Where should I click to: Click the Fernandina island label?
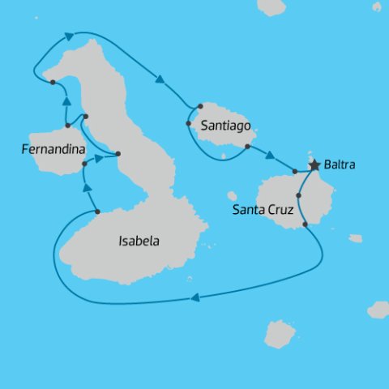point(53,148)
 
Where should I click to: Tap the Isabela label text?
point(139,241)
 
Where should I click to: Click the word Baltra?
point(340,165)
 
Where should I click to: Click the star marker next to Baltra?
point(314,165)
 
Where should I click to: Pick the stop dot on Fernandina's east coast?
point(84,165)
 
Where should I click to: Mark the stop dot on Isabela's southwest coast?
point(97,212)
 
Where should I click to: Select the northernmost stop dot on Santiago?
point(199,106)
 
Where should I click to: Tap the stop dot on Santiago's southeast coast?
point(246,147)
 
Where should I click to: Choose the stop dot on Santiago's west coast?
point(188,124)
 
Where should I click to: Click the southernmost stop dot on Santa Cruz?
point(305,224)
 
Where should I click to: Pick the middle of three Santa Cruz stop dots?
point(299,195)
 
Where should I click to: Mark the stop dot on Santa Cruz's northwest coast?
point(295,172)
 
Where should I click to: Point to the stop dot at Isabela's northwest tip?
point(53,82)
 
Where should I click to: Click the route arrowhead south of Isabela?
point(194,299)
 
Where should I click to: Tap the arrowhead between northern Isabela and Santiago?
point(160,79)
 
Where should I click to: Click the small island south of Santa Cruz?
point(279,334)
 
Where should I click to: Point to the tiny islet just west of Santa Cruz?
point(232,195)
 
